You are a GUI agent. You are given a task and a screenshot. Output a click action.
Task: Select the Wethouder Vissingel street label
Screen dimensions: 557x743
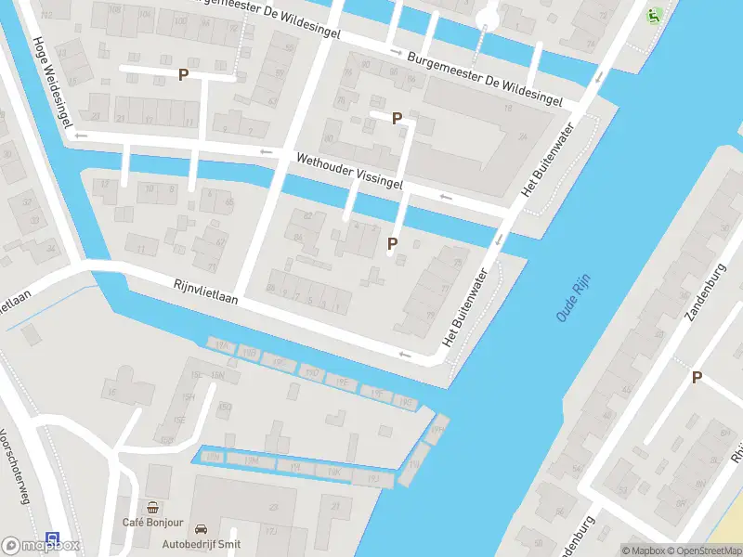[x=349, y=173]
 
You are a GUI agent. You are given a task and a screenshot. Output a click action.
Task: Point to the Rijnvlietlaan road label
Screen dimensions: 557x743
[x=206, y=292]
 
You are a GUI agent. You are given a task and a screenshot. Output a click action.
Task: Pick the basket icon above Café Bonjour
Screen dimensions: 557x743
[x=152, y=508]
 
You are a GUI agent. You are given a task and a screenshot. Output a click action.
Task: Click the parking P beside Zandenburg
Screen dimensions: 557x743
[x=697, y=377]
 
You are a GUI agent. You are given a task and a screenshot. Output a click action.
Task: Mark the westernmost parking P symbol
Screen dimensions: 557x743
[x=184, y=74]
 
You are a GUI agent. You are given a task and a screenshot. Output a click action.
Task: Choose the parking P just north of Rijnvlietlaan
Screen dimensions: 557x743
[x=392, y=244]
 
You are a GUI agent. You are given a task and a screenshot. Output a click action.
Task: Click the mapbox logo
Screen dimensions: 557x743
[x=41, y=546]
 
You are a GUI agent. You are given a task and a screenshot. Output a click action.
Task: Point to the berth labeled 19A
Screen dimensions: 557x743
[x=221, y=345]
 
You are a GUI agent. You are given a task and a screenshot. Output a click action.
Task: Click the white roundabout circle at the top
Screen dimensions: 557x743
[x=487, y=19]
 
